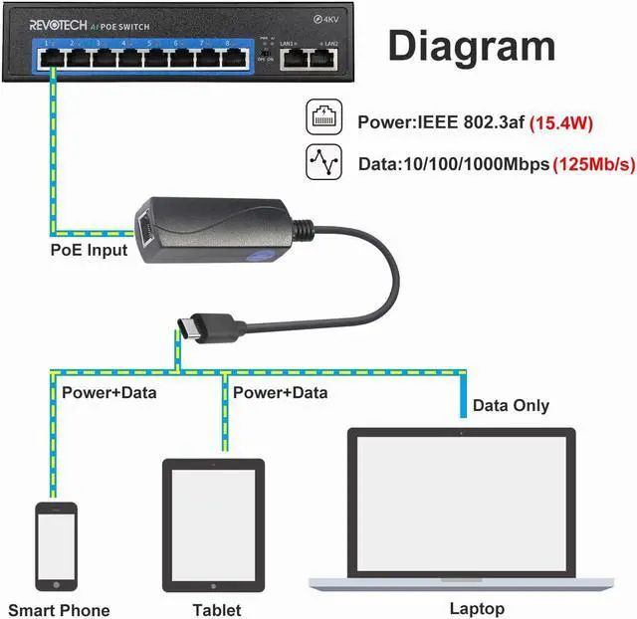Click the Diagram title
click(x=471, y=47)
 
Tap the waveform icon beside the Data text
click(x=324, y=163)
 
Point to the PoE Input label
click(x=89, y=249)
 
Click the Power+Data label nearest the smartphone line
click(x=108, y=392)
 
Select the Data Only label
click(x=511, y=405)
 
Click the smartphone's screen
click(x=56, y=546)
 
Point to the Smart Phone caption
click(x=60, y=609)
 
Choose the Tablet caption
click(x=216, y=609)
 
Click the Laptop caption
click(x=477, y=608)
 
